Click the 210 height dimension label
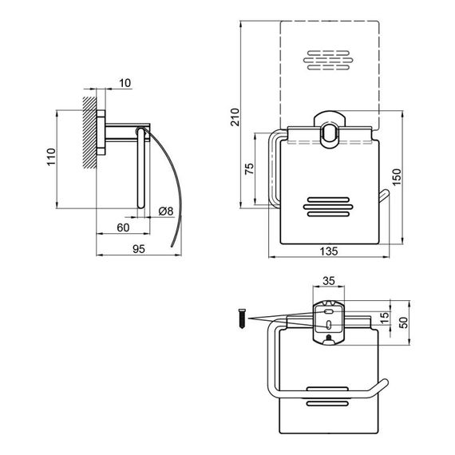(x=235, y=117)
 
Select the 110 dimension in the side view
(x=51, y=157)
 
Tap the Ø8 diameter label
(x=166, y=211)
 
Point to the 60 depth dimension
(x=123, y=227)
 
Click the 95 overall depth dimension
(x=139, y=249)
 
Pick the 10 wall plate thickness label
(x=125, y=83)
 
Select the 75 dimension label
(x=249, y=168)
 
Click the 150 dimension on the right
(x=397, y=177)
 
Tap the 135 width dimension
(x=329, y=251)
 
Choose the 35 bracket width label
(x=329, y=281)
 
